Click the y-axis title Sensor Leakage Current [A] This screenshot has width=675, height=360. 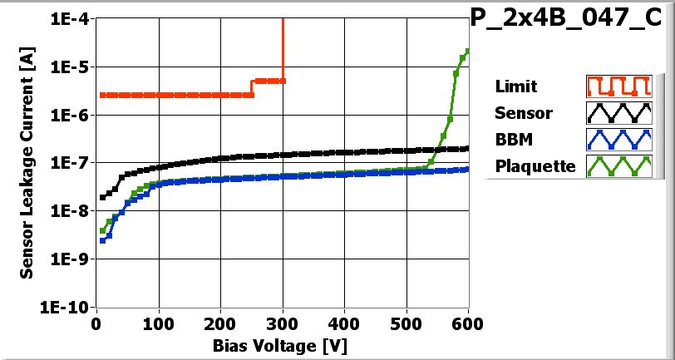[x=27, y=163]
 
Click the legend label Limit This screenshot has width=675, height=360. [x=515, y=86]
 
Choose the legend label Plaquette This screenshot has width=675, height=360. [x=535, y=166]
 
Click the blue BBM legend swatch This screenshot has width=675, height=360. [x=617, y=140]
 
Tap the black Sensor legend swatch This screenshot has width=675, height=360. [x=617, y=113]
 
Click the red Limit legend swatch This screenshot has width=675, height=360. [x=617, y=86]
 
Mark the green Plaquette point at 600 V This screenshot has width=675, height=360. [x=468, y=51]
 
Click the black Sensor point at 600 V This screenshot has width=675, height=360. [x=468, y=149]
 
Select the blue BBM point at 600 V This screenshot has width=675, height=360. [x=468, y=169]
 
